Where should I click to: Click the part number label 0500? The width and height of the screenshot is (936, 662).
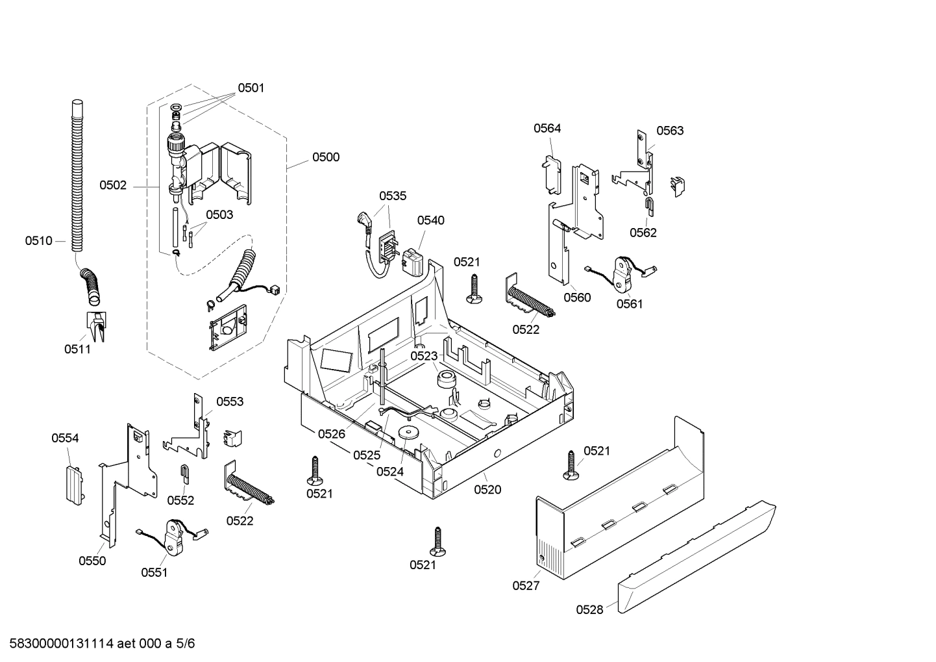click(325, 157)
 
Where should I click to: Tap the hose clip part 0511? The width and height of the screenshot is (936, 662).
click(96, 325)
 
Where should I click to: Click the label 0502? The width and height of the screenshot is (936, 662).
click(113, 185)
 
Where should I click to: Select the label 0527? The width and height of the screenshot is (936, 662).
click(526, 585)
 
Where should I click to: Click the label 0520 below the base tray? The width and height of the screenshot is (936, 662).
click(487, 490)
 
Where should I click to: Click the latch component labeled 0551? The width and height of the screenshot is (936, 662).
click(172, 537)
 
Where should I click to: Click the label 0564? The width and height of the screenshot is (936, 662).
click(547, 129)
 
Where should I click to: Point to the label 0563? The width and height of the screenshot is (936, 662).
click(670, 131)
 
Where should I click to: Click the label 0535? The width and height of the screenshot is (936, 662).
click(393, 196)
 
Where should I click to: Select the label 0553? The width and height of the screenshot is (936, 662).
click(230, 401)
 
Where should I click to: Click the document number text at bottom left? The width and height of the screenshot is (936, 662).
click(97, 644)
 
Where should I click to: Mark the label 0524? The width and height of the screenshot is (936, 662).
click(390, 472)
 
